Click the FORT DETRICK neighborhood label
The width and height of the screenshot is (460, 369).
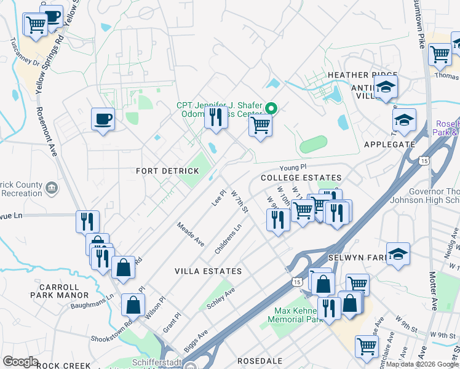pyautogui.click(x=159, y=170)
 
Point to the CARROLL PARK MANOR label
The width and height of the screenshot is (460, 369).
pyautogui.click(x=58, y=291)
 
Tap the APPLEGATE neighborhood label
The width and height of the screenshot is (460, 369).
pyautogui.click(x=390, y=144)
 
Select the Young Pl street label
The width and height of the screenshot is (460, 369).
pyautogui.click(x=293, y=167)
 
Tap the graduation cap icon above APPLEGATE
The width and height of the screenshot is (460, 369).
pyautogui.click(x=404, y=121)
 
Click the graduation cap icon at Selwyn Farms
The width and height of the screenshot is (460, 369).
pyautogui.click(x=398, y=254)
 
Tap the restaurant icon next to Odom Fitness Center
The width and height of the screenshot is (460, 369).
pyautogui.click(x=215, y=117)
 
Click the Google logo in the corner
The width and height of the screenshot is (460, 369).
pyautogui.click(x=20, y=362)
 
